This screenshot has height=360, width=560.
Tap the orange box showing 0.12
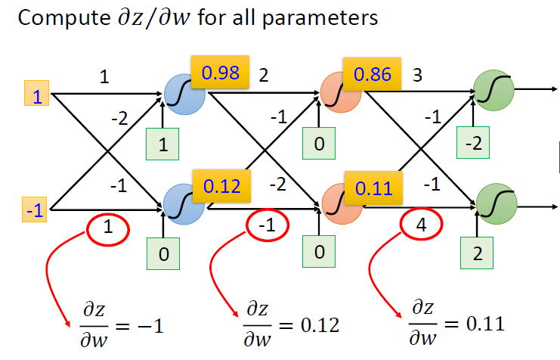click(x=220, y=186)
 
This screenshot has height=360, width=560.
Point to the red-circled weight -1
click(x=266, y=225)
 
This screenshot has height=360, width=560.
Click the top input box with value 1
click(x=36, y=96)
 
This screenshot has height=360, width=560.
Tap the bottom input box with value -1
click(x=35, y=209)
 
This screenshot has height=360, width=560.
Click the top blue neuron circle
click(x=184, y=96)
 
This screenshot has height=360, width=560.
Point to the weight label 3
click(x=417, y=76)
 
